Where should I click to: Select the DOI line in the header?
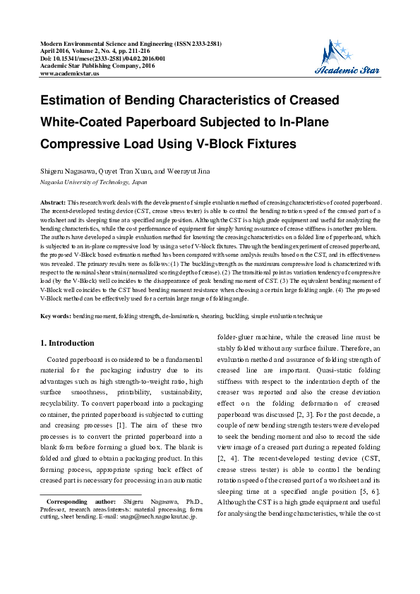pyautogui.click(x=102, y=59)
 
